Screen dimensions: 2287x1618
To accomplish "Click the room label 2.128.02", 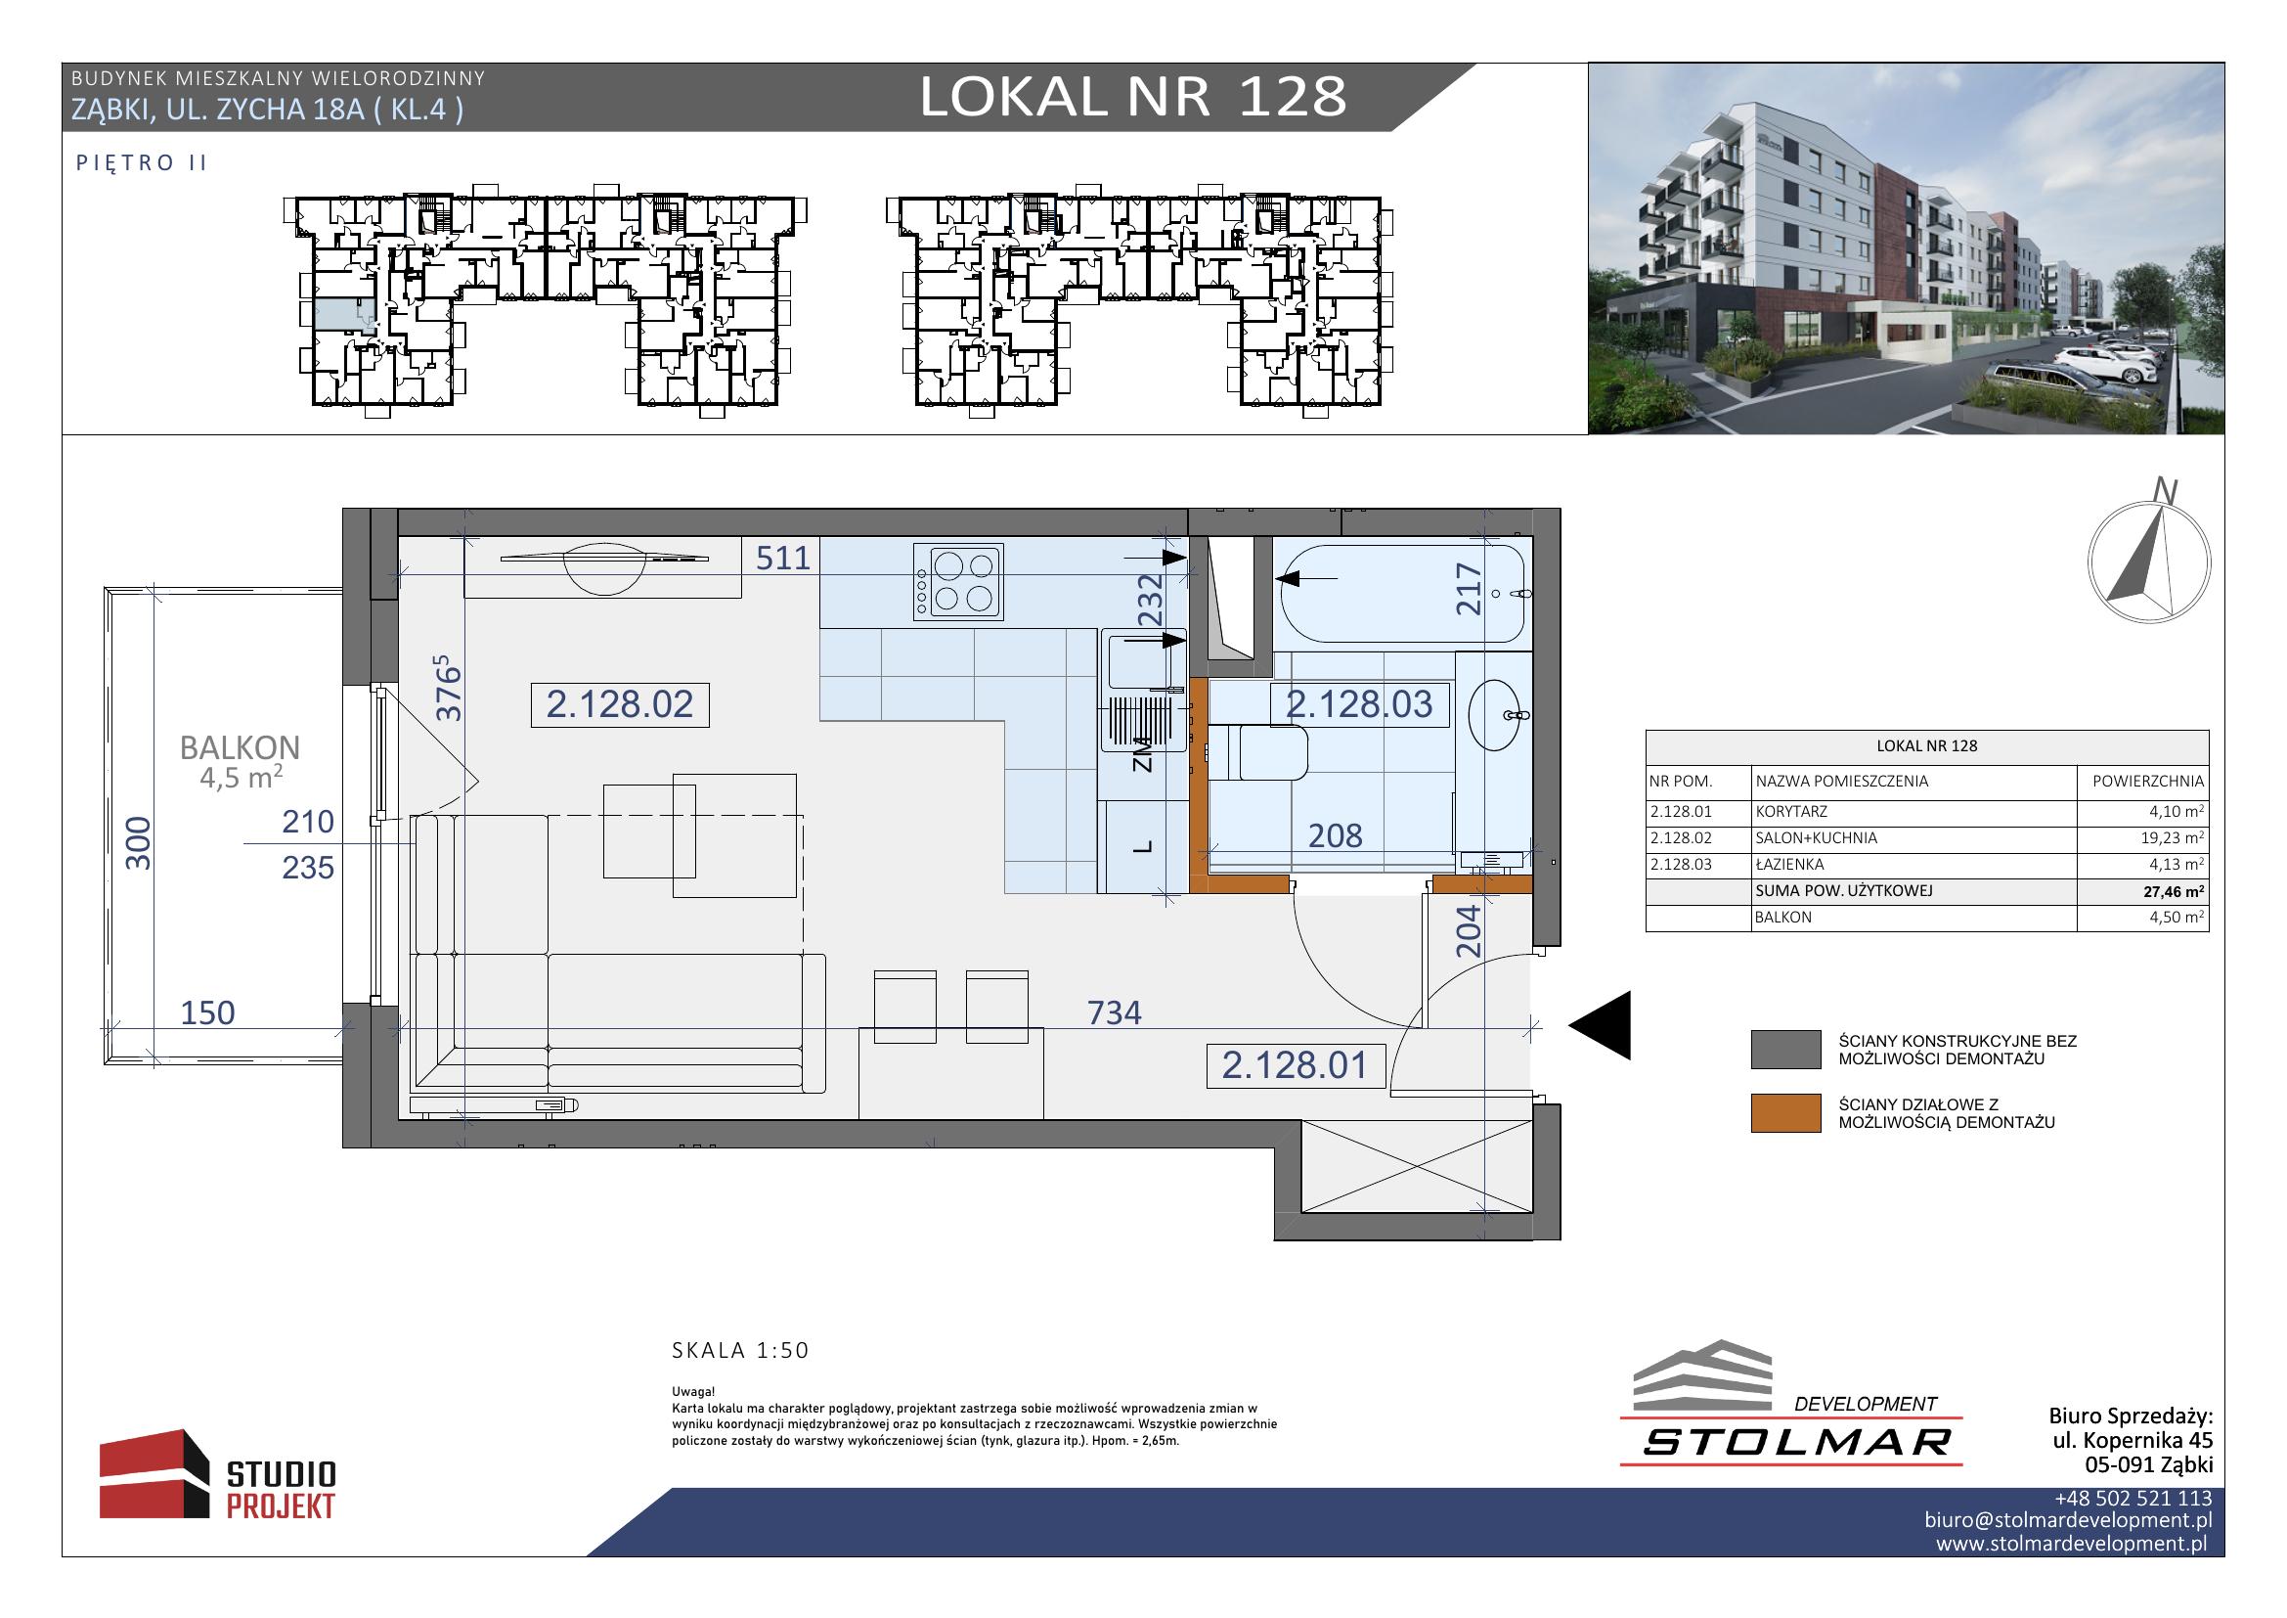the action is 620,704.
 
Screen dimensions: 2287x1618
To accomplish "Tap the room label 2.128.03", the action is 1359,704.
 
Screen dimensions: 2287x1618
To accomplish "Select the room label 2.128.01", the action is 1294,1065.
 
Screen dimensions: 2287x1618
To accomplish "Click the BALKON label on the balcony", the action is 239,747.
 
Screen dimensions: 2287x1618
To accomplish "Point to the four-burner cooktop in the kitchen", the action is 959,582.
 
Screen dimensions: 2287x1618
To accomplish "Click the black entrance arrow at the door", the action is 1600,1025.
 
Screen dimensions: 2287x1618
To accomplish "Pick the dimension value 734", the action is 1114,1012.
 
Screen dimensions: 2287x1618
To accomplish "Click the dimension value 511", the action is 783,558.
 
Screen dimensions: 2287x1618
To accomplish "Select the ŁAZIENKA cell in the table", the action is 1790,865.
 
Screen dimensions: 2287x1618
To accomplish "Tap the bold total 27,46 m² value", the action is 2174,892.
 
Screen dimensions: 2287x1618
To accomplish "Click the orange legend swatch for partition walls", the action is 1786,1113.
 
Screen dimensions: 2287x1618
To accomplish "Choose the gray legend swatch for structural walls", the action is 1786,1050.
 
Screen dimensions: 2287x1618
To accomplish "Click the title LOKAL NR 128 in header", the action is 1132,97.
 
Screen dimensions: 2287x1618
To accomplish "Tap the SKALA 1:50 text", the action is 740,1351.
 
